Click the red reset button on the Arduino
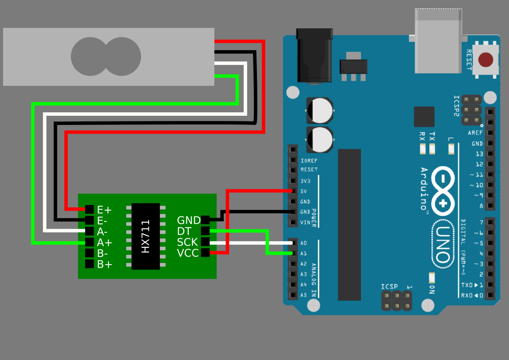click(485, 60)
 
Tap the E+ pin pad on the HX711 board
click(89, 209)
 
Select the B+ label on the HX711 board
click(104, 264)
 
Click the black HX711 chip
click(145, 236)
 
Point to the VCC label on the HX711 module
click(188, 253)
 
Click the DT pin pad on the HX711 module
click(205, 231)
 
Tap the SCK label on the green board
click(187, 242)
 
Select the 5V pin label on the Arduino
click(303, 191)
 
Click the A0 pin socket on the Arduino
click(293, 243)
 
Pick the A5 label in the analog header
click(303, 295)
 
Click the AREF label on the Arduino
click(475, 133)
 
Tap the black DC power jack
click(314, 56)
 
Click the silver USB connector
click(438, 41)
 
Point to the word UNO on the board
click(443, 244)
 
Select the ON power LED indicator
click(432, 278)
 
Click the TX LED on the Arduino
click(432, 149)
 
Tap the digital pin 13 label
click(479, 154)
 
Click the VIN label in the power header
click(305, 222)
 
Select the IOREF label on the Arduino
click(309, 161)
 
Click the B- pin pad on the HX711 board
click(89, 253)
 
